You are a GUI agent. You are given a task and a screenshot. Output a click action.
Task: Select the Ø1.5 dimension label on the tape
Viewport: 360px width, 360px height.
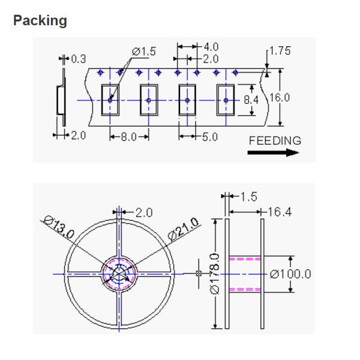click(143, 52)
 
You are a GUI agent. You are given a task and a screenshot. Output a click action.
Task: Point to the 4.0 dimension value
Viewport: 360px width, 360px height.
click(211, 47)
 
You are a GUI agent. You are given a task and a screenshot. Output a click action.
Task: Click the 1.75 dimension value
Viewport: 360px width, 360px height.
click(279, 52)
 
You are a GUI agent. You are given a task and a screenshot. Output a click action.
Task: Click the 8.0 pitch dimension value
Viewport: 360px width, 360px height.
click(129, 137)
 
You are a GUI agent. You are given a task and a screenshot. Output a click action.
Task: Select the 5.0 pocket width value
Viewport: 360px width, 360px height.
click(209, 137)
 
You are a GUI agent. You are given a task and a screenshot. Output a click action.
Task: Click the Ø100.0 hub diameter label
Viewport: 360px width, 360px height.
click(290, 274)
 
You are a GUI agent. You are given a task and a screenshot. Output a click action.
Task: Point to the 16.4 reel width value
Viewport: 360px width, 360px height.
click(277, 211)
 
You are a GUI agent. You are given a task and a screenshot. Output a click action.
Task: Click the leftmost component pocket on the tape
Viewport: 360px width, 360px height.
click(110, 99)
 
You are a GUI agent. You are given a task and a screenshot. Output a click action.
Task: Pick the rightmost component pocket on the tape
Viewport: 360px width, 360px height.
click(226, 99)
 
